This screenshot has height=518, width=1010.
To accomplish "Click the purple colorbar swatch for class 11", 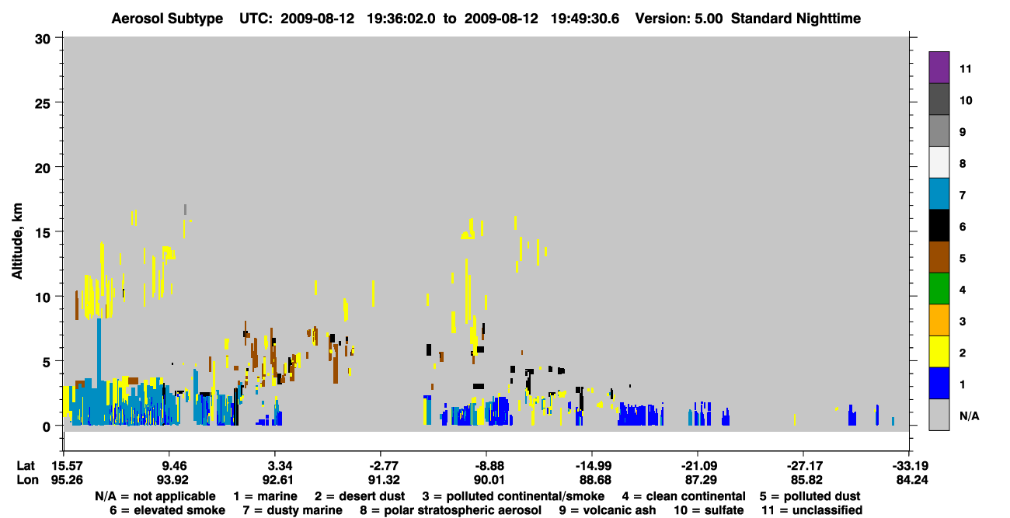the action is [x=939, y=68].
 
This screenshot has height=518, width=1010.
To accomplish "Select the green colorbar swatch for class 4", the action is [x=939, y=289].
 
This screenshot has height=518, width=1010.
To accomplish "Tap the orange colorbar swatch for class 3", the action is [x=939, y=320].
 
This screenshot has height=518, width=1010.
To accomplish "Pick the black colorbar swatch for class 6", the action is [x=939, y=225].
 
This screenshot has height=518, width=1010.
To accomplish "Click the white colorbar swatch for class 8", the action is [x=939, y=162].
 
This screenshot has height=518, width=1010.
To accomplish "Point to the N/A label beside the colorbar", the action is [x=969, y=415].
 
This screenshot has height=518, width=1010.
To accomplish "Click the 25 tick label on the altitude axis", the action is [x=43, y=104].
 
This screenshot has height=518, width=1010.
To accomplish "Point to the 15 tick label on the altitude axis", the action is [x=43, y=233].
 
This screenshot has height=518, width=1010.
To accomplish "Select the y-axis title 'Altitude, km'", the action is [x=16, y=241].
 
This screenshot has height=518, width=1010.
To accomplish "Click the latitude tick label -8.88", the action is [x=489, y=465].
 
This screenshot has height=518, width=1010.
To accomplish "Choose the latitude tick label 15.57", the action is [x=67, y=465].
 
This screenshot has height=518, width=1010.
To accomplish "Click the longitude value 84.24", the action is [x=911, y=480].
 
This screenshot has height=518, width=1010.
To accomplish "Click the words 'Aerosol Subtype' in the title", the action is [x=167, y=19].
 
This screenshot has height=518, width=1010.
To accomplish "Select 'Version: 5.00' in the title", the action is [x=679, y=19].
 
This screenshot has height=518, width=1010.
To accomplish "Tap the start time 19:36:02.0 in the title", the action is [x=401, y=19].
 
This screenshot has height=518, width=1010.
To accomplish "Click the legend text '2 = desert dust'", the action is [x=360, y=496].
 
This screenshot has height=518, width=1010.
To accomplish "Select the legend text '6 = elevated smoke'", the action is [x=167, y=510].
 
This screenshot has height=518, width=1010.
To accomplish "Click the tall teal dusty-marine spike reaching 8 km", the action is [x=99, y=352].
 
